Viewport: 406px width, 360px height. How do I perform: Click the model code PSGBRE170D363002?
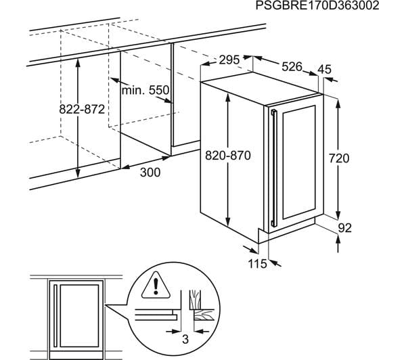coord(317,5)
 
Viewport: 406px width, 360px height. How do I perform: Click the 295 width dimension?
coord(229,60)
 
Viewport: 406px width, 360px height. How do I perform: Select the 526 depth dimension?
coord(292,67)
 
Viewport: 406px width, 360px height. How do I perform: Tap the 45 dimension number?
coord(324,70)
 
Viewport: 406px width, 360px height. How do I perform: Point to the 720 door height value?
coord(339,158)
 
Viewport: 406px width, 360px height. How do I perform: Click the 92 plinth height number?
coord(345,228)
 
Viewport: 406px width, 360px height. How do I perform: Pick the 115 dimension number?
coord(257,264)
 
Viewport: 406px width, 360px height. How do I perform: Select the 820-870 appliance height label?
coord(228,156)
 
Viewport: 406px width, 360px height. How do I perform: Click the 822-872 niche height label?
coord(82,110)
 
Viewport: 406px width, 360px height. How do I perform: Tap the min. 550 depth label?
coord(145,91)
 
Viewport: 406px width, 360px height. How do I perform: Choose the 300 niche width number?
coord(150,173)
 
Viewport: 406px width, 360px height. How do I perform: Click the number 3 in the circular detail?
coord(185,339)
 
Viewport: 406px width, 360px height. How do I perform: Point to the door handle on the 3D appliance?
coord(273,168)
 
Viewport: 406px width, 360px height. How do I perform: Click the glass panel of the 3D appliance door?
coord(299,162)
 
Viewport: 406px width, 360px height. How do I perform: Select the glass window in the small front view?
coord(79,316)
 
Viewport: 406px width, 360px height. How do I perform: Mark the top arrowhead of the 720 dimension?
coord(338,104)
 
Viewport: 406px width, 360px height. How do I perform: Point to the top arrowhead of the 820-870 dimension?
coord(227,97)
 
